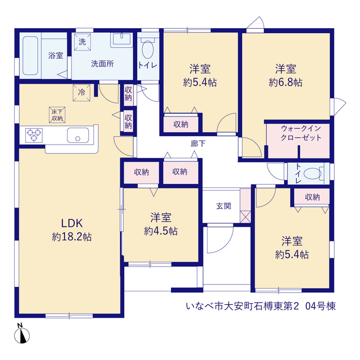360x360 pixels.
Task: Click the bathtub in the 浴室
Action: tap(30, 56)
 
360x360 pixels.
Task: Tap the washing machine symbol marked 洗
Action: tap(83, 42)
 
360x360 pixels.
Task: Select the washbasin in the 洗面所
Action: tap(121, 40)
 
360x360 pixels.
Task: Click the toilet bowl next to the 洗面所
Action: tap(147, 48)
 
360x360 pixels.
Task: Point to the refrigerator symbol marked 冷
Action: tap(82, 93)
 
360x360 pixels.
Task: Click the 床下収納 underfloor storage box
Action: tap(57, 115)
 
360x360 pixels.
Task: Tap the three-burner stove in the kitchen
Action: tap(34, 135)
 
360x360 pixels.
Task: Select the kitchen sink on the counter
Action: tap(78, 135)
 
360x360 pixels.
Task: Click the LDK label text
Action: tap(71, 223)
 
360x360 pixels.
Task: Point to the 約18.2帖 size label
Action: tap(71, 237)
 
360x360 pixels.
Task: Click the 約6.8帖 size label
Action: tap(286, 82)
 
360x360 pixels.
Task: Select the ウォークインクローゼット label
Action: tap(300, 133)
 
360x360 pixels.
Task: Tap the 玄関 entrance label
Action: tap(223, 206)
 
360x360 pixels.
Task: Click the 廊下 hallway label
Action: tap(198, 144)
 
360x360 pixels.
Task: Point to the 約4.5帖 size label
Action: tap(161, 231)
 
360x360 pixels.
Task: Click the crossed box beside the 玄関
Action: tap(245, 217)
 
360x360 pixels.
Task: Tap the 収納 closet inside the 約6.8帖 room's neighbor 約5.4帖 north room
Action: tap(181, 124)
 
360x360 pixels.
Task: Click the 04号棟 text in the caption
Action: tap(321, 306)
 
